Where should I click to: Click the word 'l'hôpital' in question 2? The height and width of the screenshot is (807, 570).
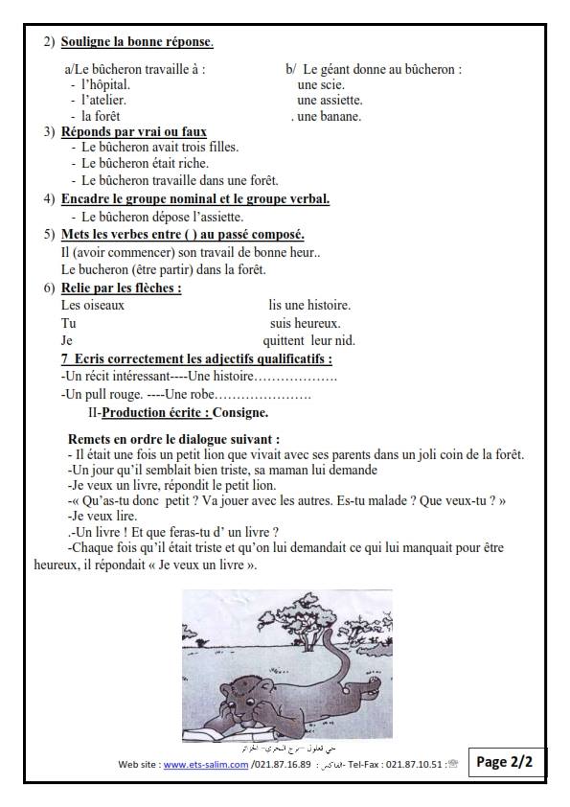105,85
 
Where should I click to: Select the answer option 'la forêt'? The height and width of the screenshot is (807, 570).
101,116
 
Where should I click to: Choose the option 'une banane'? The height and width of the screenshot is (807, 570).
330,116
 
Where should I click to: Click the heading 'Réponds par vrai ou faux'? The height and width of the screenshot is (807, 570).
133,131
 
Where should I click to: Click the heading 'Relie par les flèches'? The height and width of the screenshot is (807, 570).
121,288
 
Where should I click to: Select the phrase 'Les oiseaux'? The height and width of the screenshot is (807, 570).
93,306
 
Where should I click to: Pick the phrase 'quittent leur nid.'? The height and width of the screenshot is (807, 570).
308,340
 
